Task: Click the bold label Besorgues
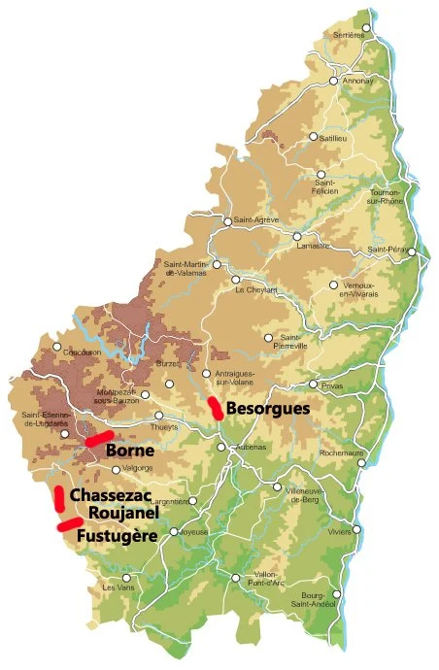click(x=268, y=409)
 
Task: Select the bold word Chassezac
click(x=111, y=495)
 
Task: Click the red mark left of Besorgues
click(x=216, y=408)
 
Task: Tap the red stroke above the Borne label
click(x=99, y=438)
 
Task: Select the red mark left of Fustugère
click(x=69, y=524)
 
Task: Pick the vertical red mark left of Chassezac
click(x=58, y=497)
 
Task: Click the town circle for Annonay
click(x=333, y=82)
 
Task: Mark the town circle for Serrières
click(x=366, y=27)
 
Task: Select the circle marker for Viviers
click(x=356, y=529)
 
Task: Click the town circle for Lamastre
click(x=297, y=235)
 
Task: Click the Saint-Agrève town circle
click(x=227, y=221)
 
